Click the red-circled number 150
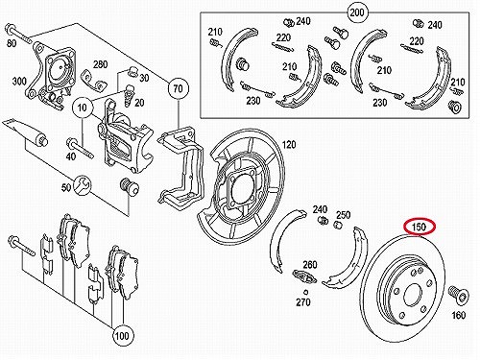click(420, 227)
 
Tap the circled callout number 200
click(357, 12)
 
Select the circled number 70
click(179, 88)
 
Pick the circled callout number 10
click(83, 108)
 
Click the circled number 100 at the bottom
click(122, 336)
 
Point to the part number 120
click(289, 145)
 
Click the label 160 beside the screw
click(458, 315)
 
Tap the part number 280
click(100, 64)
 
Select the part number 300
click(19, 81)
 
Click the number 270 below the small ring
click(303, 301)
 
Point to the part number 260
click(310, 265)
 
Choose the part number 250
click(344, 215)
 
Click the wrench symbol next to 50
click(83, 185)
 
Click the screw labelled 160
click(458, 294)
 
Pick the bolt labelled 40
click(80, 148)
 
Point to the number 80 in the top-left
click(12, 43)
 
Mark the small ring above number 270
click(306, 292)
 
